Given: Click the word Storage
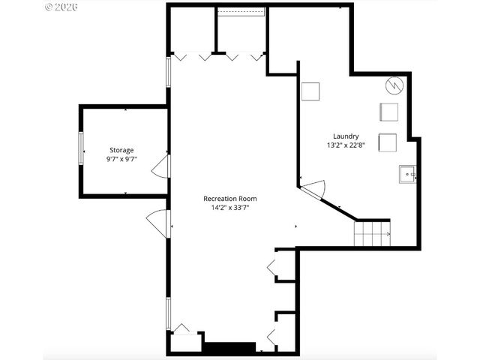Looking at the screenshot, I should pyautogui.click(x=121, y=150).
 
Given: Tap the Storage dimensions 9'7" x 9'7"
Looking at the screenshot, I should pyautogui.click(x=121, y=160).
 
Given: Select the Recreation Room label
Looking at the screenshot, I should pyautogui.click(x=230, y=199).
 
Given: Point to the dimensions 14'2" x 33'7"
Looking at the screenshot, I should pyautogui.click(x=230, y=208).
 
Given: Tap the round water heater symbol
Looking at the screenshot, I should pyautogui.click(x=394, y=85).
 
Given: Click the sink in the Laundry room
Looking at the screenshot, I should pyautogui.click(x=407, y=175).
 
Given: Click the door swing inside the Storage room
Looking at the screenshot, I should pyautogui.click(x=160, y=168).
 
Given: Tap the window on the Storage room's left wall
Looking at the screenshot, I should pyautogui.click(x=81, y=148).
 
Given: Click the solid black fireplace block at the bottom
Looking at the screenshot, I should pyautogui.click(x=230, y=348).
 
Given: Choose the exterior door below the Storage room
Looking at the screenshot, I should pyautogui.click(x=159, y=222).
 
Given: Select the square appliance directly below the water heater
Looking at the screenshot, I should pyautogui.click(x=388, y=112).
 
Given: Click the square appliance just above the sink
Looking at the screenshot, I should pyautogui.click(x=388, y=142).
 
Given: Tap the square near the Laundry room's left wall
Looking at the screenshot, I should pyautogui.click(x=310, y=91).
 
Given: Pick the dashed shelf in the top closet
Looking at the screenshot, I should pyautogui.click(x=241, y=12).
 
